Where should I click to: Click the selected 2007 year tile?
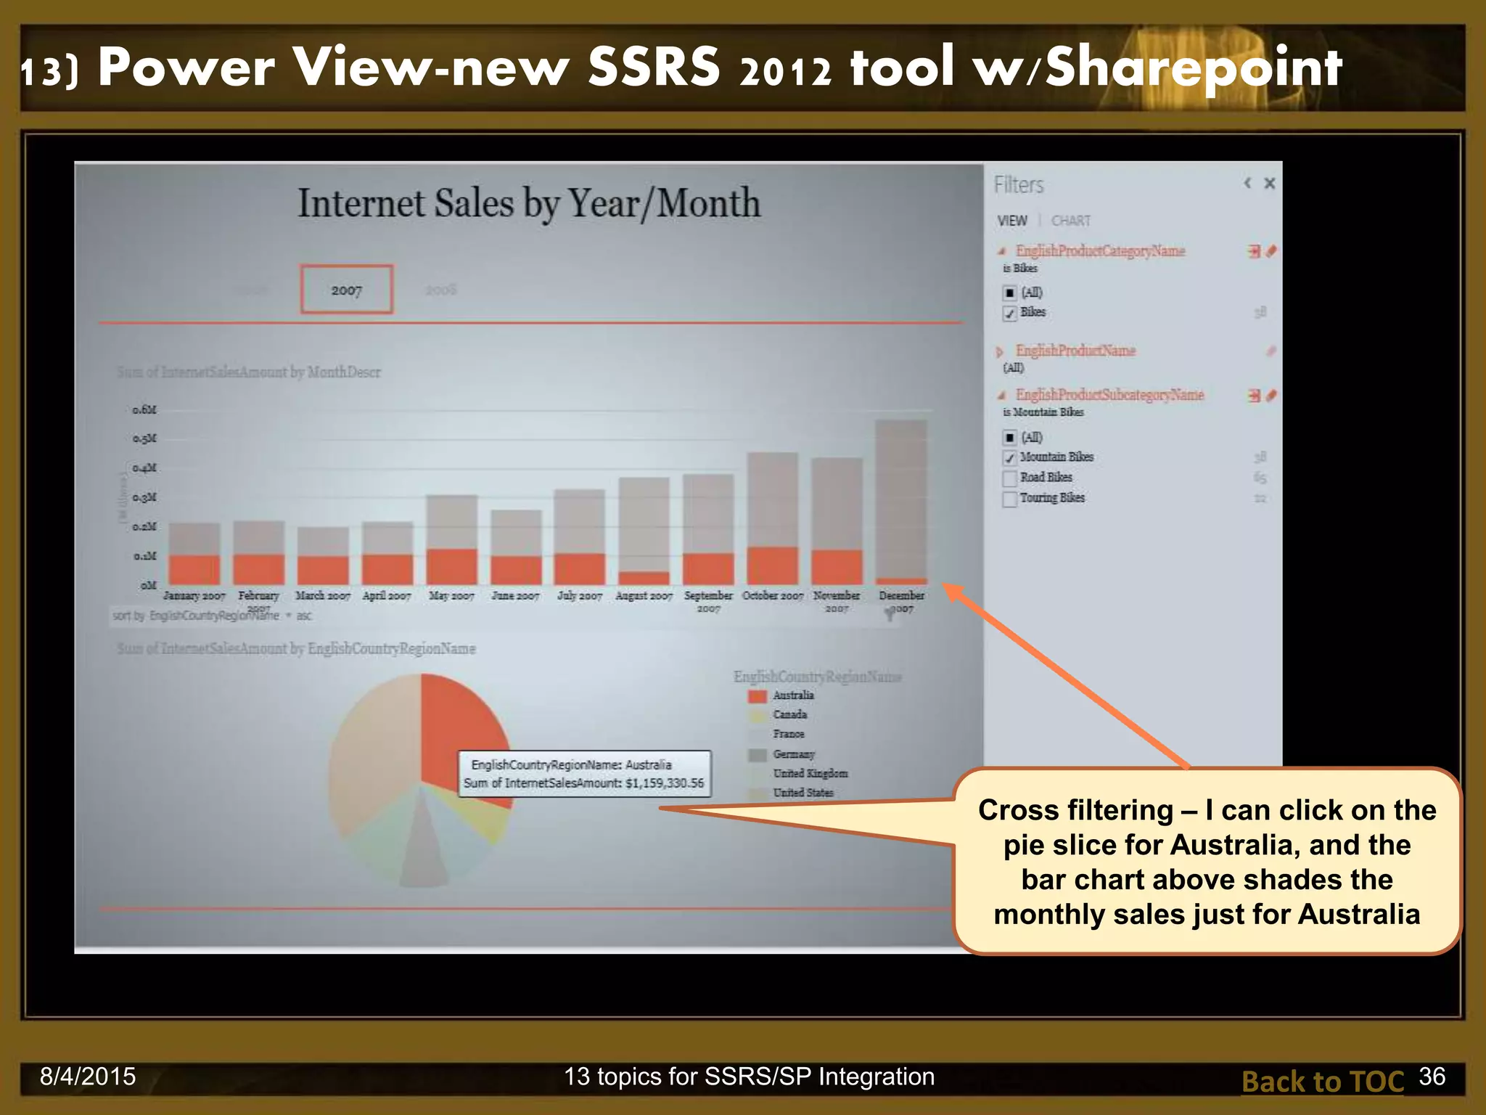pos(346,290)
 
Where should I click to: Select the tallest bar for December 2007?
pos(901,501)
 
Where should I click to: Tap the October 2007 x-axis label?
pos(773,595)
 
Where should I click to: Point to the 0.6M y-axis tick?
pos(144,410)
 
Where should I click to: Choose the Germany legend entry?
pos(794,754)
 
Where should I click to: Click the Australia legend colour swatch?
pos(757,696)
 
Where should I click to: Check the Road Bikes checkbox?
pos(1009,478)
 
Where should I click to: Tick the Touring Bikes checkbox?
pos(1009,499)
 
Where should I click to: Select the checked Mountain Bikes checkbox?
pos(1009,458)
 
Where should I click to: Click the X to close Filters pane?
pos(1269,184)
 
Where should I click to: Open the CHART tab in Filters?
pos(1070,221)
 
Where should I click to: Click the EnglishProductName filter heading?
pos(1075,351)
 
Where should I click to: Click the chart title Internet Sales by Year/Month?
pos(529,203)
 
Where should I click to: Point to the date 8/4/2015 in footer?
pos(88,1077)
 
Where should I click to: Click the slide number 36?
pos(1432,1077)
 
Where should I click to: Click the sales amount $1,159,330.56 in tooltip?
pos(664,783)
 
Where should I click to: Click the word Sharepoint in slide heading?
pos(1194,68)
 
